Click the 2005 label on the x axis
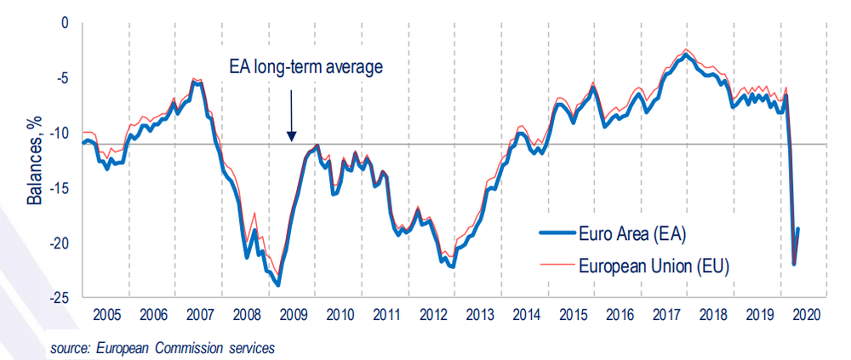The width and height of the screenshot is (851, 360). pyautogui.click(x=106, y=314)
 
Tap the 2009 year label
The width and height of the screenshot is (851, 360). pyautogui.click(x=292, y=314)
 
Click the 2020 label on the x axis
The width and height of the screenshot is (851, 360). pyautogui.click(x=804, y=314)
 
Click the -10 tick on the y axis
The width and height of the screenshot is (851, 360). pyautogui.click(x=58, y=134)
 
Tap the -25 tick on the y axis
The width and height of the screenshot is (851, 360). pyautogui.click(x=58, y=298)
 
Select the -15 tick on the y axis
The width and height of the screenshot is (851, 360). pyautogui.click(x=58, y=188)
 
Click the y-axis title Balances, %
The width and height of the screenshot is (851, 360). pyautogui.click(x=35, y=163)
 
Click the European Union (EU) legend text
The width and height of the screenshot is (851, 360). pyautogui.click(x=653, y=265)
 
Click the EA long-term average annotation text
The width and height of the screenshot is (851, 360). pyautogui.click(x=307, y=66)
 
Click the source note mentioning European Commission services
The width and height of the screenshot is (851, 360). pyautogui.click(x=163, y=348)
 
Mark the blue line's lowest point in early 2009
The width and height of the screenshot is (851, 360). pyautogui.click(x=277, y=284)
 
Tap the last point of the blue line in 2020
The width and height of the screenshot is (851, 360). pyautogui.click(x=798, y=228)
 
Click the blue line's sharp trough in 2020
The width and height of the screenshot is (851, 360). pyautogui.click(x=794, y=264)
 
